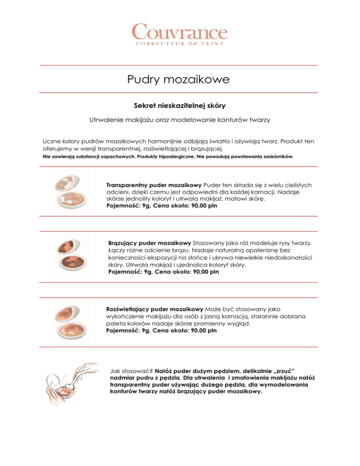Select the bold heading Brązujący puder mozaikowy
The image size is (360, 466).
[150, 243]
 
